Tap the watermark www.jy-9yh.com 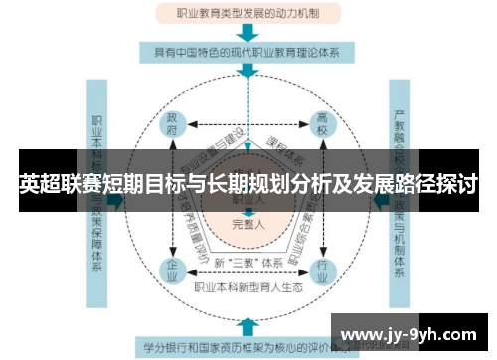tap(410, 331)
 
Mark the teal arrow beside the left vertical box tap(117, 199)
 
